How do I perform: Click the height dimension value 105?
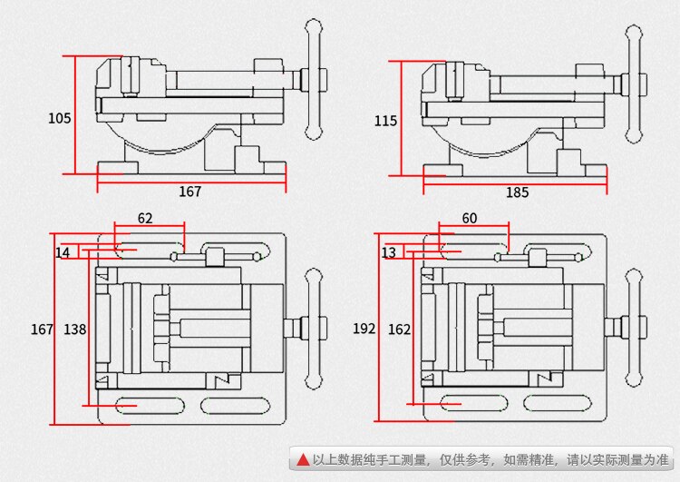point(59,117)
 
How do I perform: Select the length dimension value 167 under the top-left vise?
point(189,192)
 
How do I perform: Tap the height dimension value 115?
point(385,120)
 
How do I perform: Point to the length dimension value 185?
point(517,192)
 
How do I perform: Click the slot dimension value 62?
point(145,218)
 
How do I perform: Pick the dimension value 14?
point(63,252)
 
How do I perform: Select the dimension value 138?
point(75,330)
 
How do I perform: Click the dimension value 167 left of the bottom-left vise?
point(42,330)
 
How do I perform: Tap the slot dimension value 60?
point(469,218)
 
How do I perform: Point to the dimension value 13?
point(388,252)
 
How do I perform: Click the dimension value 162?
point(400,330)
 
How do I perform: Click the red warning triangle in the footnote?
point(301,460)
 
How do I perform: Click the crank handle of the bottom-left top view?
point(314,328)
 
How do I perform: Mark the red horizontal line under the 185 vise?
point(515,182)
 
